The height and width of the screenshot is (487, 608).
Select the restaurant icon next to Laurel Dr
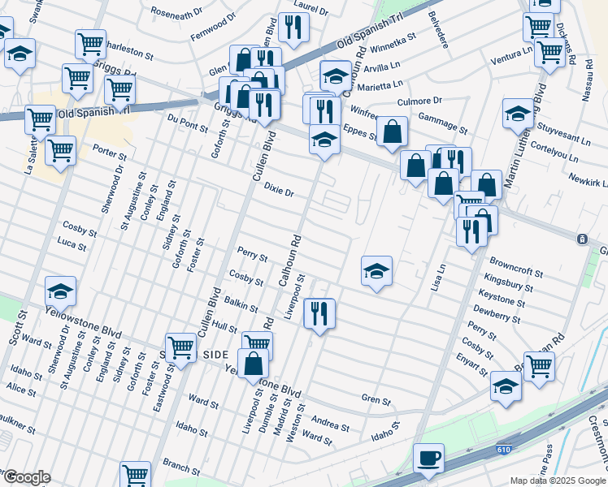click(x=293, y=28)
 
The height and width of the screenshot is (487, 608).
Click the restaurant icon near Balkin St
click(x=319, y=312)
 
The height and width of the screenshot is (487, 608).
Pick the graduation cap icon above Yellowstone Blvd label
click(x=61, y=291)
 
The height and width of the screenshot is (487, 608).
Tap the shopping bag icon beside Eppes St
click(x=392, y=131)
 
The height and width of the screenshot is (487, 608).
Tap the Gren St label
click(x=376, y=400)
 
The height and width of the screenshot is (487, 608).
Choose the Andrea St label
click(x=330, y=424)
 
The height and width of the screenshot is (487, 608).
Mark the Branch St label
click(x=181, y=466)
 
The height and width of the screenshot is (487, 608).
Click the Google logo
click(x=26, y=477)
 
